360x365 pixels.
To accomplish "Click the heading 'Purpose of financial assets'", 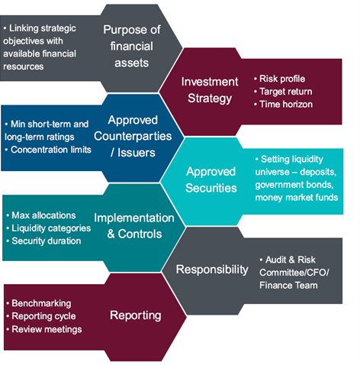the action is [x=132, y=46].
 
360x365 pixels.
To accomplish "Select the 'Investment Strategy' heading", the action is [x=210, y=90].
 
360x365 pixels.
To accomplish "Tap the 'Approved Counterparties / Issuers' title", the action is [x=133, y=136].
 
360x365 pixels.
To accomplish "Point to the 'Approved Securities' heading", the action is [x=211, y=179].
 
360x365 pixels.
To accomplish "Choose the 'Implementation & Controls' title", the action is [x=134, y=226].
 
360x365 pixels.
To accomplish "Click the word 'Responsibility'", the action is [x=212, y=270].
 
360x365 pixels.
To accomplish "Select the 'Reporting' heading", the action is [x=136, y=315].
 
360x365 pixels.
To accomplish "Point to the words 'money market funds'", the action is [x=297, y=198].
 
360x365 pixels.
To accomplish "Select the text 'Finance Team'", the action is [x=288, y=286].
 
